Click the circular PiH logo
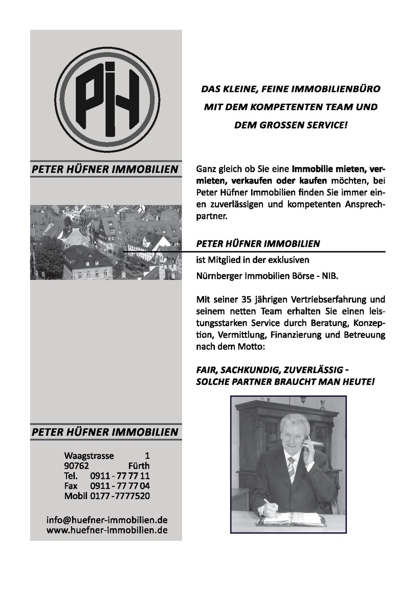pyautogui.click(x=107, y=100)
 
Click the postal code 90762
pyautogui.click(x=76, y=466)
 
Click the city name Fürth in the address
pyautogui.click(x=139, y=466)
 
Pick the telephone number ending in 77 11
pyautogui.click(x=120, y=476)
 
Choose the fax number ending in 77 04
pyautogui.click(x=120, y=486)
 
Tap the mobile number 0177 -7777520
pyautogui.click(x=120, y=496)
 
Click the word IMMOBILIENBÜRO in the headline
pyautogui.click(x=336, y=89)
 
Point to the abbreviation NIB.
pyautogui.click(x=330, y=276)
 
